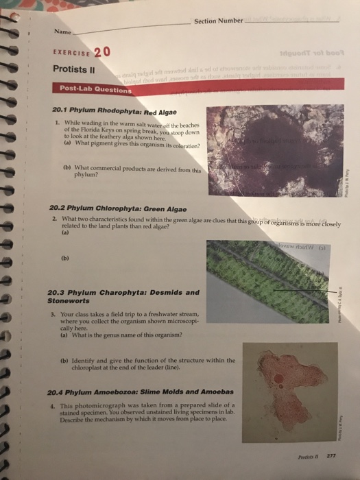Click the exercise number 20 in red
[x=101, y=52]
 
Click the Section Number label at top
[x=215, y=21]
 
